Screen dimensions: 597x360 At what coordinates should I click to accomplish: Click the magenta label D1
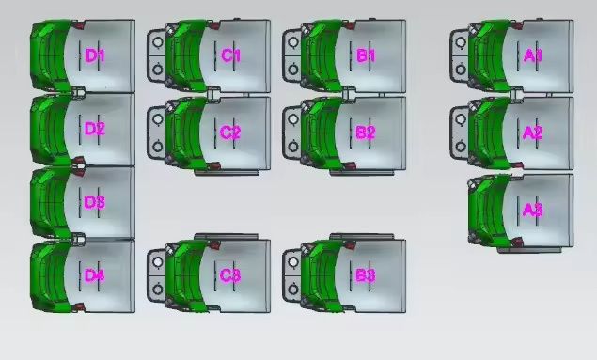click(x=95, y=55)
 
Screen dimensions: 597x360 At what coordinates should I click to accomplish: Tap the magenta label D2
click(x=95, y=129)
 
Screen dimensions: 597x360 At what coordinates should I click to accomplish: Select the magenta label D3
click(x=94, y=202)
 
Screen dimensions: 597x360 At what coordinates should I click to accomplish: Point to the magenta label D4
click(x=94, y=275)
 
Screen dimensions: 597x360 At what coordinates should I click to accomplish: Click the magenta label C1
click(x=230, y=55)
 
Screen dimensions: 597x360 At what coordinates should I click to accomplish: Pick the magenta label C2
click(x=230, y=133)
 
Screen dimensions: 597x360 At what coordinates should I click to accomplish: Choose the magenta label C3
click(x=230, y=275)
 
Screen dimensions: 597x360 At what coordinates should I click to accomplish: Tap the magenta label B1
click(x=366, y=55)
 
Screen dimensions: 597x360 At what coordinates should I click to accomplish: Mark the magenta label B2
click(x=366, y=133)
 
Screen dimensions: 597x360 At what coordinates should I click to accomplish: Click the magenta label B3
click(x=366, y=275)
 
